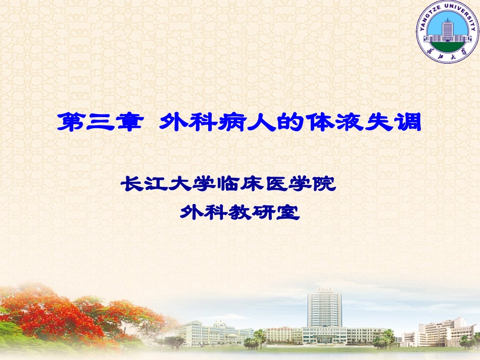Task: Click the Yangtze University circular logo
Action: (x=447, y=31)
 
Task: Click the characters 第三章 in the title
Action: (x=98, y=123)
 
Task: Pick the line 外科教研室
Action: (x=240, y=212)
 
